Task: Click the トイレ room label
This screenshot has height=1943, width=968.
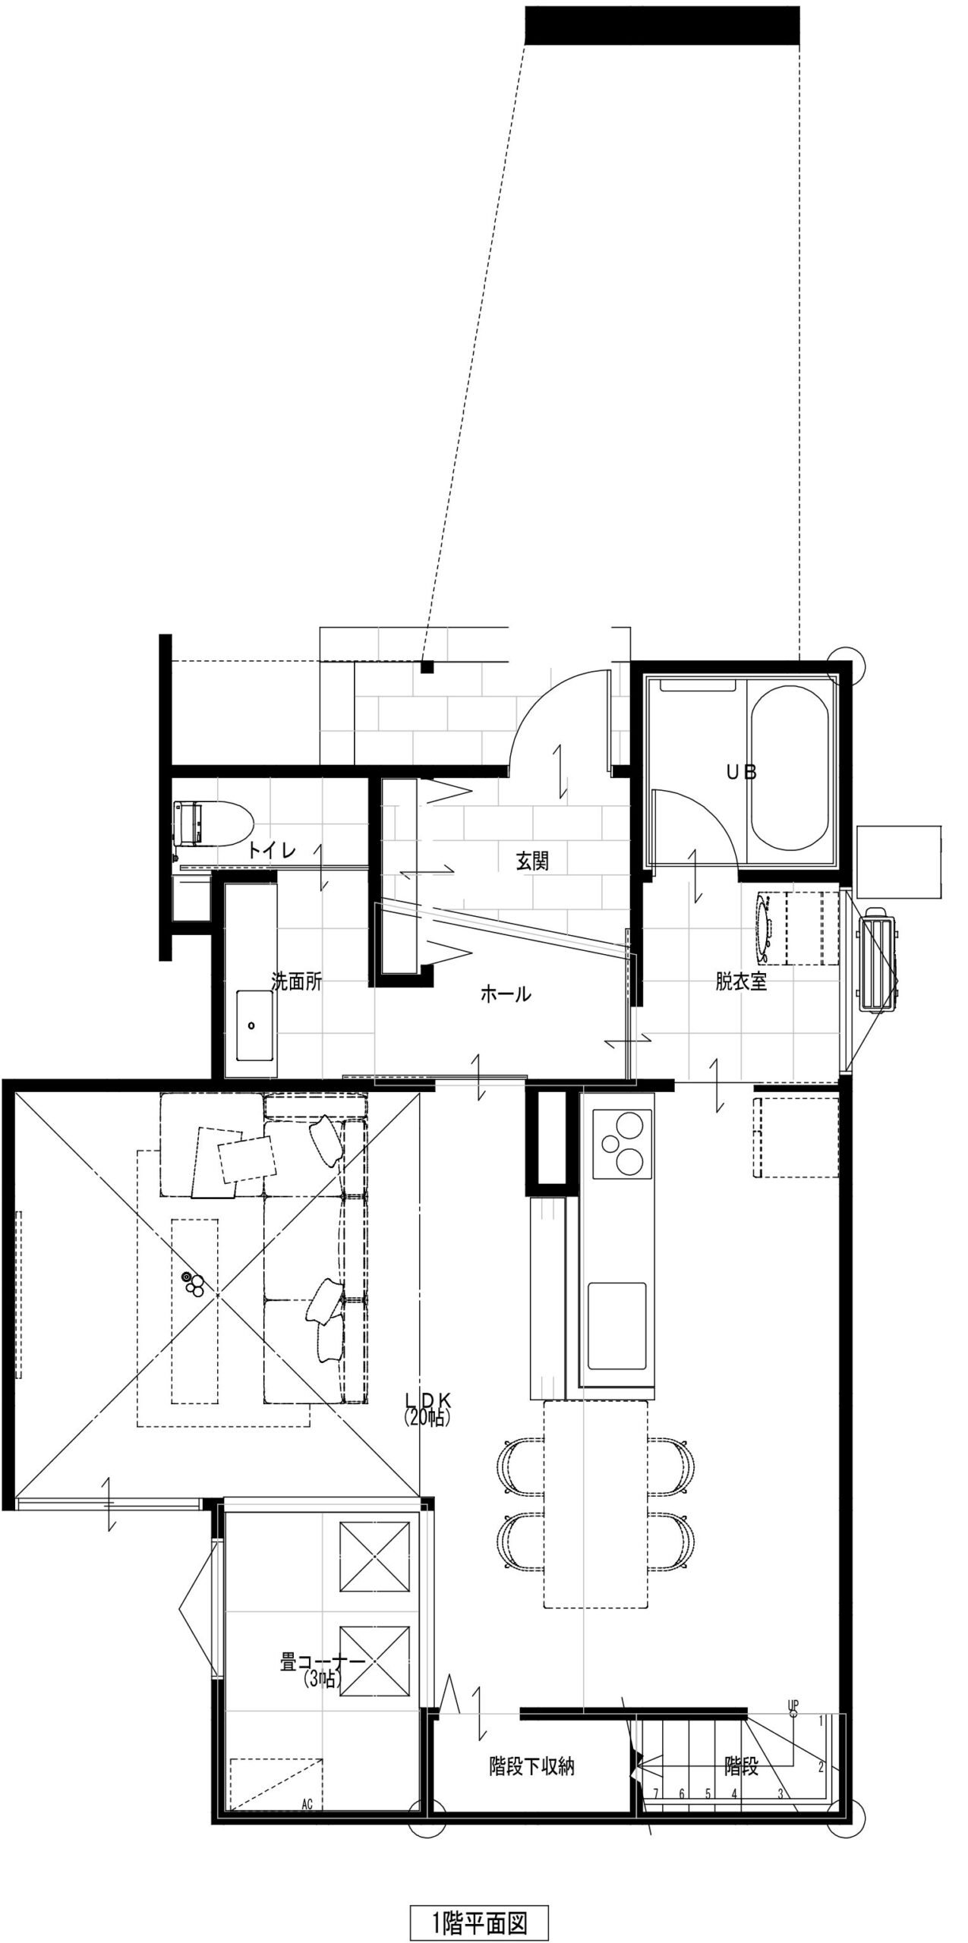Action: (271, 850)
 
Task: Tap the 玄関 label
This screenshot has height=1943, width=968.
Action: (532, 861)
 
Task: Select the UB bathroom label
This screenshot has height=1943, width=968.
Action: (742, 773)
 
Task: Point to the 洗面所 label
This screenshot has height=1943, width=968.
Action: (297, 981)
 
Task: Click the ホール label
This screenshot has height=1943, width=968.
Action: (506, 994)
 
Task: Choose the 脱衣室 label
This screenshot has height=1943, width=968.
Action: (741, 981)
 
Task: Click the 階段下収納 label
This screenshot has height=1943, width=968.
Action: (531, 1766)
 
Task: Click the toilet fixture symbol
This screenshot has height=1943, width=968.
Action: (213, 822)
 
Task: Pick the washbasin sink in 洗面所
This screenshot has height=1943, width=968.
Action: (254, 1025)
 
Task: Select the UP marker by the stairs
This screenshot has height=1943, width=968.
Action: (793, 1682)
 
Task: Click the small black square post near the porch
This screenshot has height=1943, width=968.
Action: (427, 667)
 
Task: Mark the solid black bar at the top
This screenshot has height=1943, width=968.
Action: (662, 25)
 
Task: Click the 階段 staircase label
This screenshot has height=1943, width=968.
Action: (741, 1766)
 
